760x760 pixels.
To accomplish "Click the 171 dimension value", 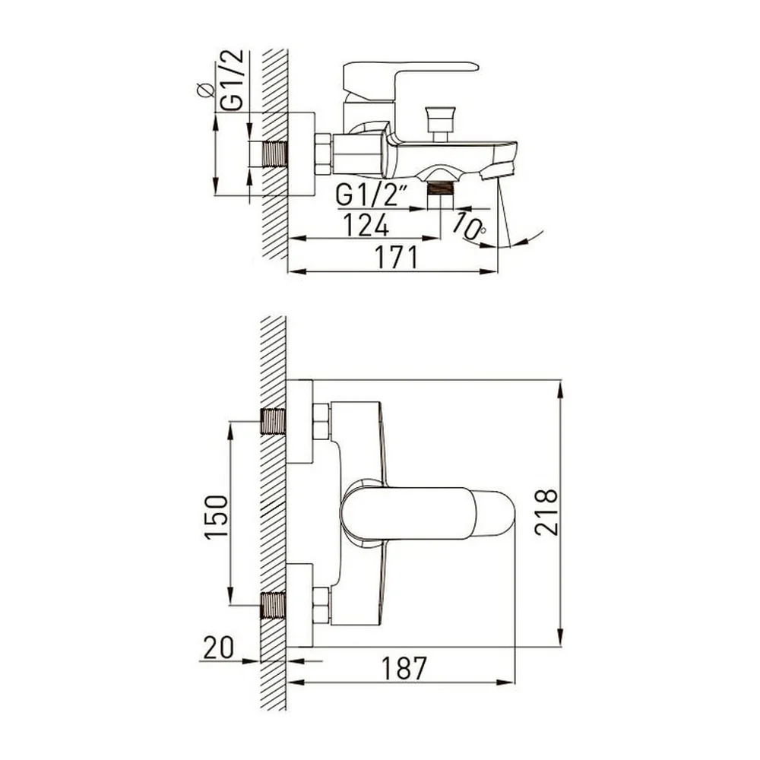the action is click(397, 258).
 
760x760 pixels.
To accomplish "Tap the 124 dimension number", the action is click(366, 224).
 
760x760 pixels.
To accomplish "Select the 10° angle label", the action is click(469, 226).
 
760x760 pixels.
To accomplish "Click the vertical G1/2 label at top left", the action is click(231, 80).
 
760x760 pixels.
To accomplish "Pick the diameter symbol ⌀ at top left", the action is click(205, 90).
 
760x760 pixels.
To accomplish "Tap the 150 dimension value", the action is click(216, 517).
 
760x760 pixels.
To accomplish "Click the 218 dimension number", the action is click(546, 511).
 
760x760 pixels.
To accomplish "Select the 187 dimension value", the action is click(404, 668).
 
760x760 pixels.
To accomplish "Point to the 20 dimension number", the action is click(218, 647).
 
